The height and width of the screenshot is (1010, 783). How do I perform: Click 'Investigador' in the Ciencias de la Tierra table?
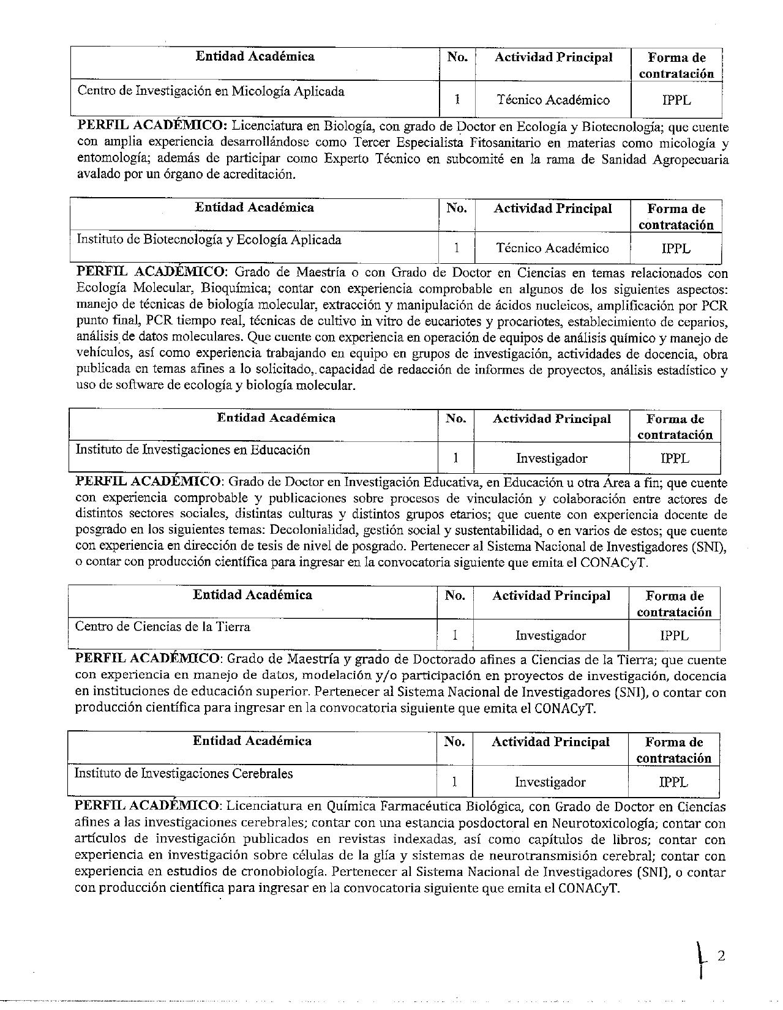[550, 636]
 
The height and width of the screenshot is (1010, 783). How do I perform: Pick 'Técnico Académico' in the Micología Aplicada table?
[553, 100]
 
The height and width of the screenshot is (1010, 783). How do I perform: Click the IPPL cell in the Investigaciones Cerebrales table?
[673, 782]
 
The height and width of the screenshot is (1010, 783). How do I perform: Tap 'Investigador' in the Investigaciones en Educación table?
[552, 458]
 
